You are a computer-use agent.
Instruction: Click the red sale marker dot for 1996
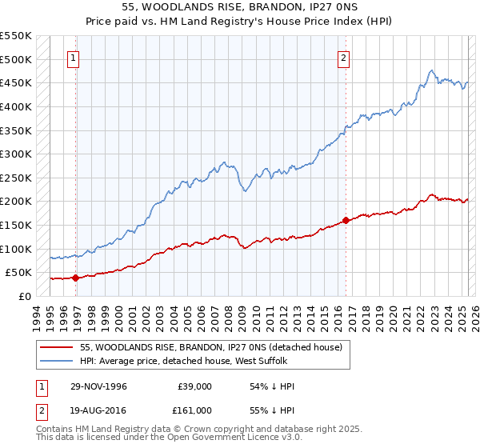click(x=76, y=278)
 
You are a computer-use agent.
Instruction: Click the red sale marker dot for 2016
click(x=346, y=220)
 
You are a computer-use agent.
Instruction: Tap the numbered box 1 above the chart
click(x=73, y=58)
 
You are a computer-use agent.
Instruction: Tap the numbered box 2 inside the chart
click(x=343, y=58)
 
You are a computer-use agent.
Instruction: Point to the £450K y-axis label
click(x=15, y=82)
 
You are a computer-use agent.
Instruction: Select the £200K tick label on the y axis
click(x=15, y=201)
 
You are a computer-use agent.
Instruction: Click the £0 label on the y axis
click(x=25, y=296)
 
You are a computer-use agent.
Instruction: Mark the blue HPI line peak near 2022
click(x=431, y=70)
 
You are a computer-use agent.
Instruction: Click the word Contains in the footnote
click(x=55, y=430)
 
